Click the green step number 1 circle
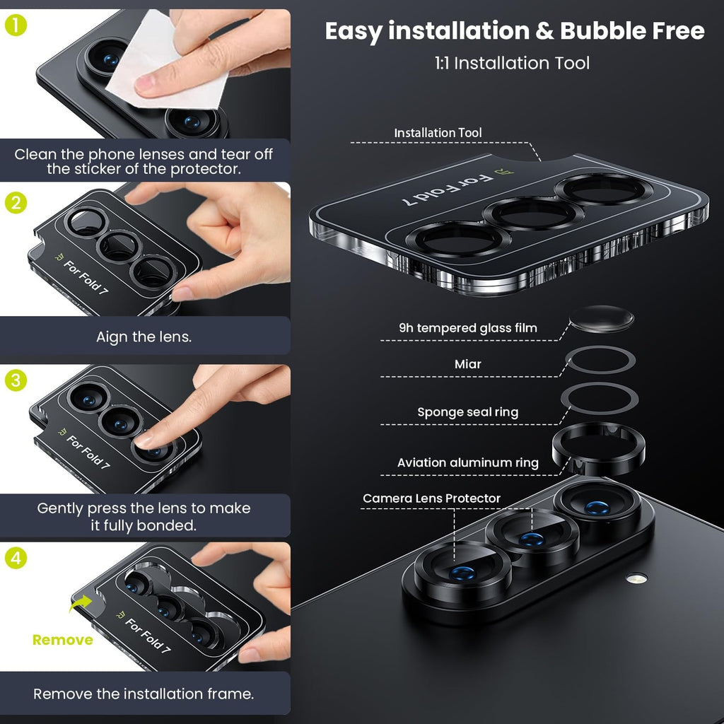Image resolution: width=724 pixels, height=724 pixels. (x=16, y=25)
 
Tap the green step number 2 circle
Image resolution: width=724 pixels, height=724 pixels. (x=16, y=203)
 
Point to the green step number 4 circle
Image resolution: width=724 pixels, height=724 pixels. (x=16, y=558)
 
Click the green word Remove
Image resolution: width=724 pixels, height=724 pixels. (x=63, y=640)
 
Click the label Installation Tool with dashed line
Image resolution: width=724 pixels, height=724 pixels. (x=438, y=133)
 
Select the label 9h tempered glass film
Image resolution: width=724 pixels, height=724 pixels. (x=468, y=328)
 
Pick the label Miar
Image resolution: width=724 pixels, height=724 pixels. (x=468, y=364)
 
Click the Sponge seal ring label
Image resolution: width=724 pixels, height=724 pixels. (x=468, y=412)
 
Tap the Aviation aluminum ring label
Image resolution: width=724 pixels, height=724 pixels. (x=468, y=462)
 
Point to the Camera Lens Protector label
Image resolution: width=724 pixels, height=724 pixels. (x=431, y=498)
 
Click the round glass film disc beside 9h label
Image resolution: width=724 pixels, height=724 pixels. (x=601, y=319)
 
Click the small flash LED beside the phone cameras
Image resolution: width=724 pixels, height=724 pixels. (x=636, y=578)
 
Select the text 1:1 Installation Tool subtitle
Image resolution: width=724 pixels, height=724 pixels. (x=512, y=63)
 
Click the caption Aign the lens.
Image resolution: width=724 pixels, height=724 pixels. (x=144, y=337)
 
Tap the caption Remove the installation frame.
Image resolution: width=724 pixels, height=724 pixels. (x=144, y=694)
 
